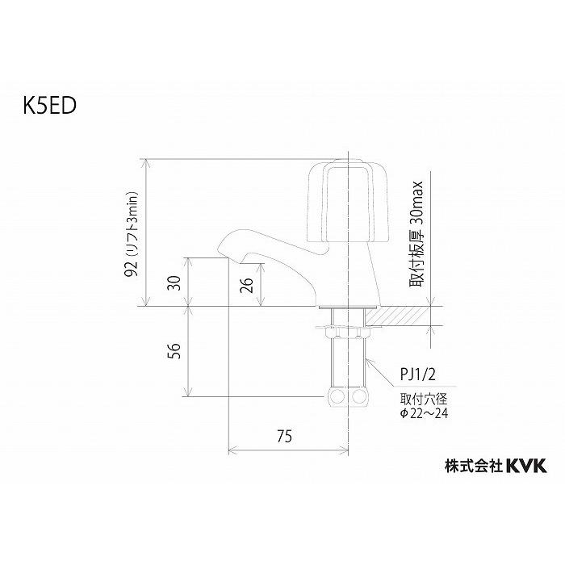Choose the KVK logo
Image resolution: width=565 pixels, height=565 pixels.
526,465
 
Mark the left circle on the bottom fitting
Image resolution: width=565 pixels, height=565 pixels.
337,397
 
